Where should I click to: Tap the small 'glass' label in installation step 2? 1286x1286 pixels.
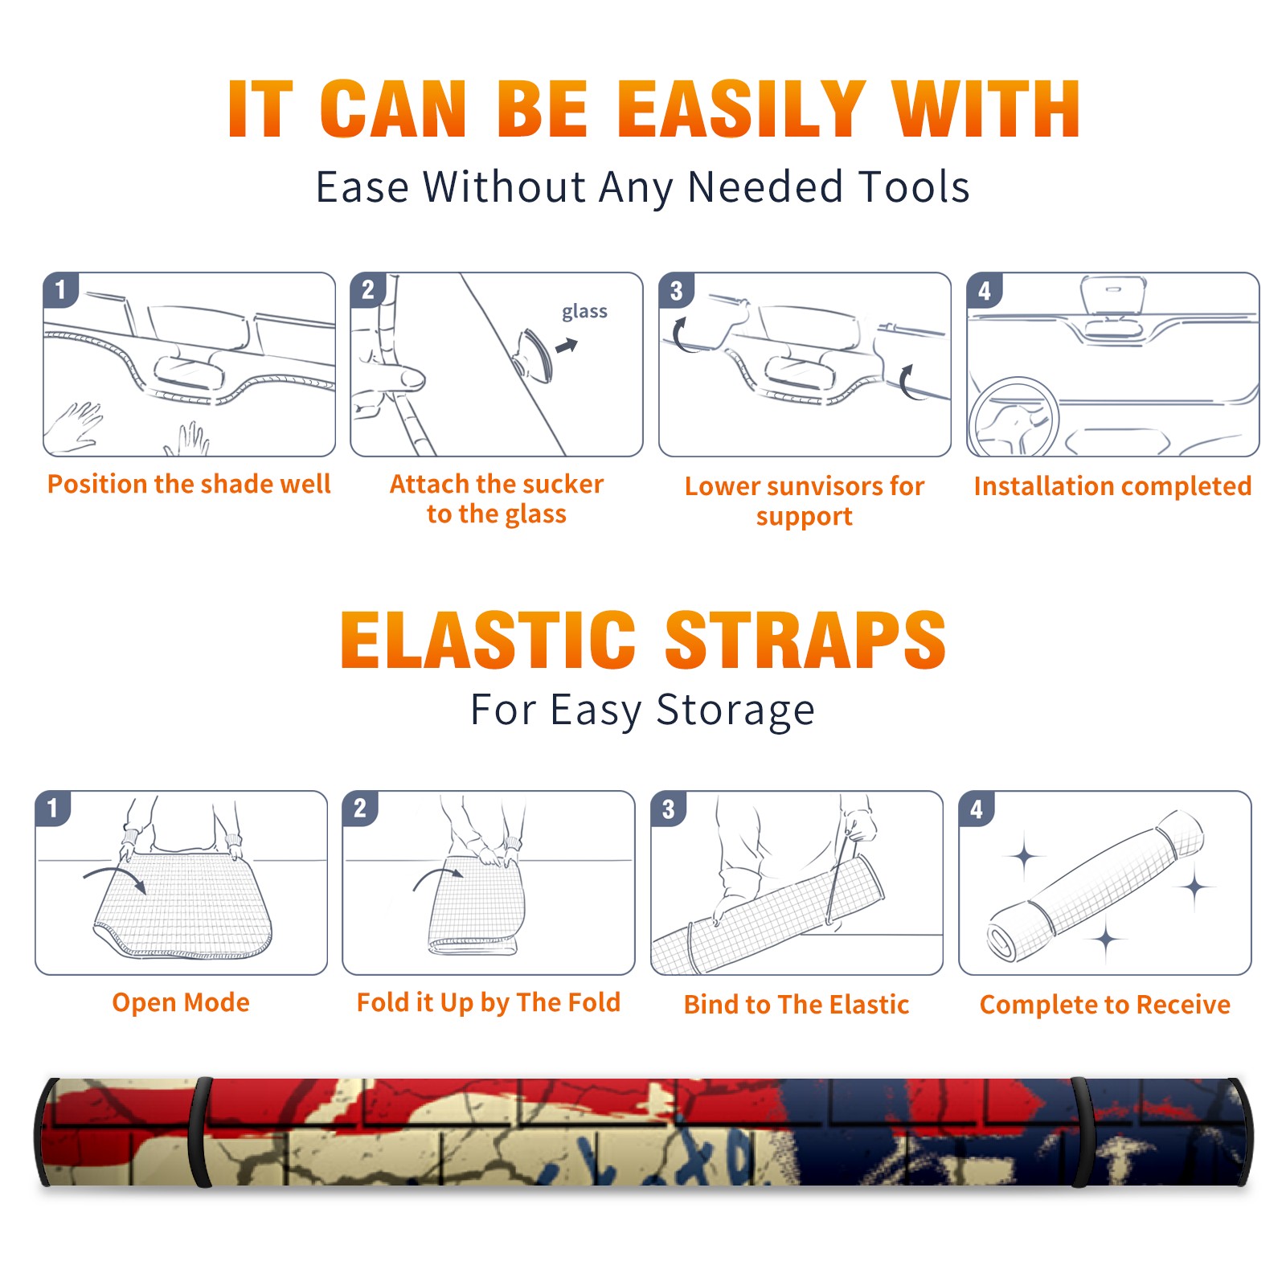[584, 311]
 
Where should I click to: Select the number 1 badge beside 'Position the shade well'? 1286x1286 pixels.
[60, 289]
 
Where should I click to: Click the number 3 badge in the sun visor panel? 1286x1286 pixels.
[676, 289]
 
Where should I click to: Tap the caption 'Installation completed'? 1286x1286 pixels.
[1112, 486]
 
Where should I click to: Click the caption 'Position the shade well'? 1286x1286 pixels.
[189, 484]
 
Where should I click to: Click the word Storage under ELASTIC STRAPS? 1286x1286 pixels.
[735, 711]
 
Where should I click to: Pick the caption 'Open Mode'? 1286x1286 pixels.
[181, 1002]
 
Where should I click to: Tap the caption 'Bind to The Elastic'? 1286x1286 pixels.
[797, 1005]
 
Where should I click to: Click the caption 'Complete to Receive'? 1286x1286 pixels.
[1105, 1005]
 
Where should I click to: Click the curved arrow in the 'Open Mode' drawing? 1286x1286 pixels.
[115, 876]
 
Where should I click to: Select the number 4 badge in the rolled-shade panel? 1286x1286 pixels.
[977, 809]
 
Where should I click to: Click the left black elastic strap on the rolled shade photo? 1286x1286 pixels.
[200, 1132]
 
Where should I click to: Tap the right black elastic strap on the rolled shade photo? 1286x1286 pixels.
[1082, 1132]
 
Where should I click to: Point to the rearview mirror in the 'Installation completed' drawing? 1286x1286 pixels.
[1113, 295]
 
